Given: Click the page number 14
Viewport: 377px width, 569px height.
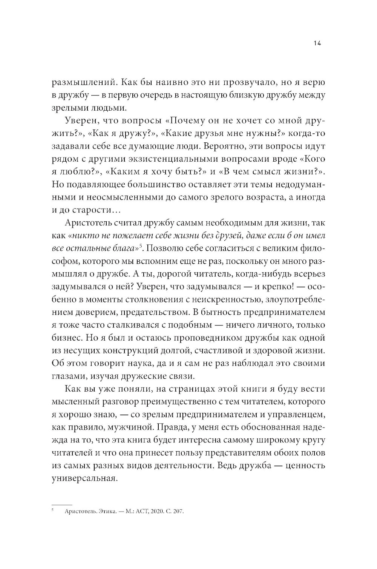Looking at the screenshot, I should tap(317, 43).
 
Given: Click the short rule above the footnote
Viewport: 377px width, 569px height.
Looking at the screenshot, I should tap(61, 504).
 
